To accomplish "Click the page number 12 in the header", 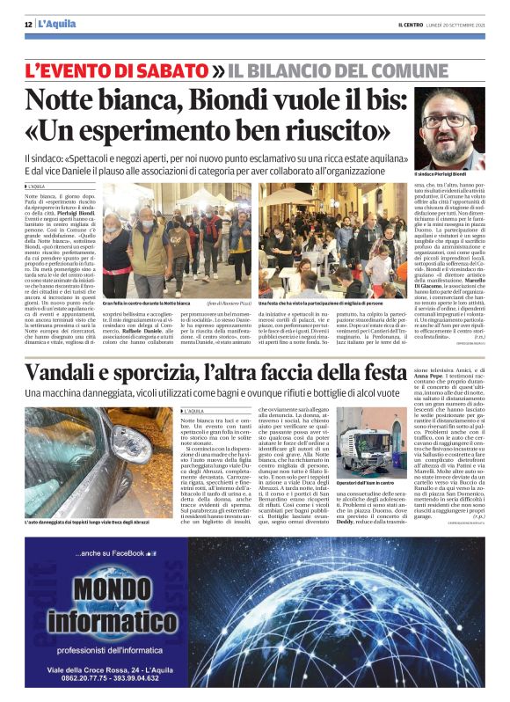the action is [x=28, y=24].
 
